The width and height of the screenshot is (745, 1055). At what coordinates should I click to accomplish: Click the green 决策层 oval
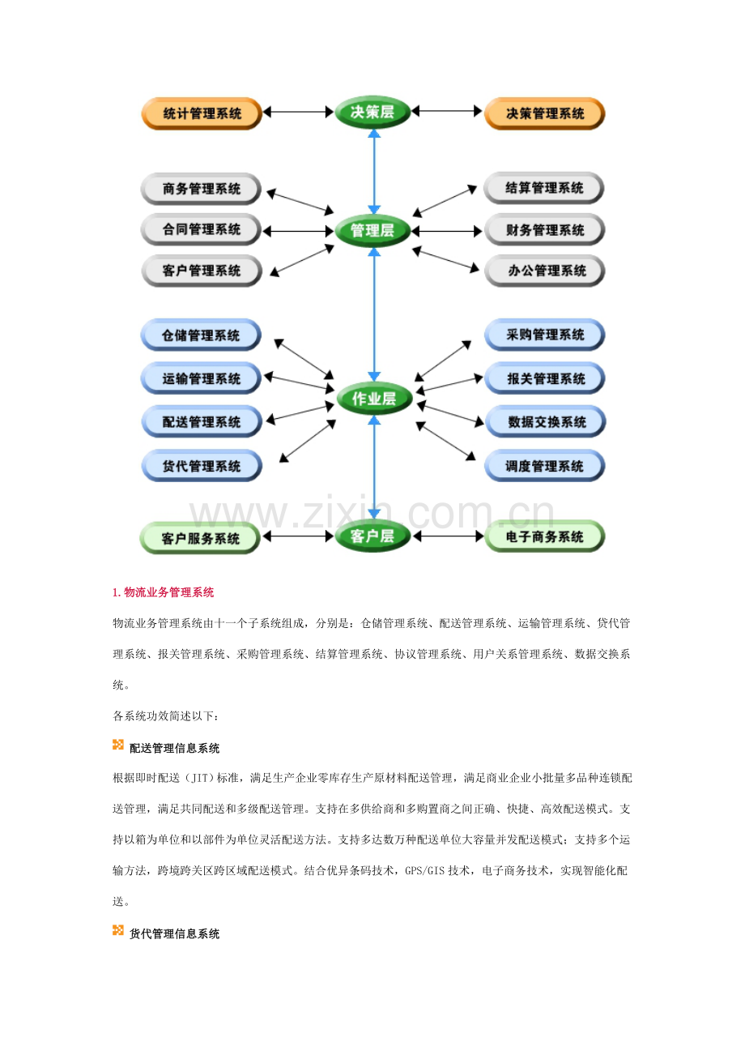[x=372, y=112]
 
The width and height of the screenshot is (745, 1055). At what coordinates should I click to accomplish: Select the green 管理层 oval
[x=372, y=231]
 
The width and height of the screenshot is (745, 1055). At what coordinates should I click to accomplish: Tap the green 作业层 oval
[x=374, y=399]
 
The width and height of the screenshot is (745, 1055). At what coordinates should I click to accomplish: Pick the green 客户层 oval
[x=372, y=536]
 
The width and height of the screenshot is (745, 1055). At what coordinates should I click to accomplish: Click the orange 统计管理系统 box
[x=202, y=113]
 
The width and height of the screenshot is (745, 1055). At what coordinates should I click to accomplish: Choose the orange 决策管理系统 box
[x=544, y=113]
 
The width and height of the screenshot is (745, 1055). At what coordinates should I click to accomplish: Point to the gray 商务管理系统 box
[x=201, y=189]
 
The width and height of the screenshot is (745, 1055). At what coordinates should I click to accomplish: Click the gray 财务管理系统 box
[x=544, y=230]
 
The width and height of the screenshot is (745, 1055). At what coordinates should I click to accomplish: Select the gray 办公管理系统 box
[x=546, y=271]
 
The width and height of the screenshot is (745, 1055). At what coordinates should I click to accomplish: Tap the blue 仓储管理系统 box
[x=201, y=335]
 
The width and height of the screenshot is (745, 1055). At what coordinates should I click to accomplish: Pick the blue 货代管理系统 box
[x=202, y=466]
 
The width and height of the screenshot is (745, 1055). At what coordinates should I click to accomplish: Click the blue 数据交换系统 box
[x=546, y=421]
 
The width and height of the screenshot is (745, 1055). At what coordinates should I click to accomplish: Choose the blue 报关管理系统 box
[x=544, y=378]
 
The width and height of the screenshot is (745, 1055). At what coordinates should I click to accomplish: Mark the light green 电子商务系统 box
[x=544, y=536]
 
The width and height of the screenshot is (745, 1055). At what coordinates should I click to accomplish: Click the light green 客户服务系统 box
[x=200, y=538]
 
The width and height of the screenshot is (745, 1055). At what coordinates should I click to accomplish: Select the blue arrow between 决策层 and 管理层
[x=374, y=172]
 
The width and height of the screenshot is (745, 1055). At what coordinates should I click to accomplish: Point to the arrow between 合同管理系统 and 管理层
[x=298, y=231]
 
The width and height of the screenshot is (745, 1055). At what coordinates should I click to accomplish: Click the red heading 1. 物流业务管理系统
[x=164, y=592]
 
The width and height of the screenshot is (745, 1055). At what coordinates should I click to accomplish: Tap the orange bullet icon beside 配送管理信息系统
[x=118, y=745]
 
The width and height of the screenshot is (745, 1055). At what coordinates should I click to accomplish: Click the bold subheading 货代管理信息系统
[x=175, y=934]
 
